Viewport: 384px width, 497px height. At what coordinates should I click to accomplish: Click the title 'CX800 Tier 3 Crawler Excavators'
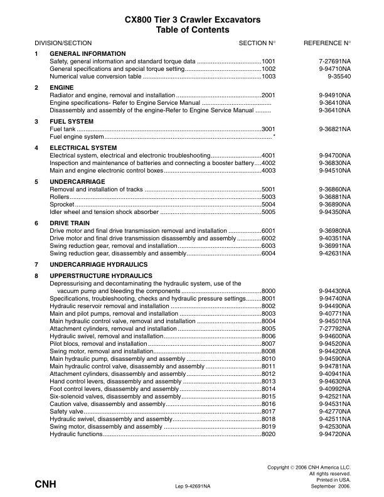192,20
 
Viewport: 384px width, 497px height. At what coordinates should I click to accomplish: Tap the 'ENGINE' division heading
61,87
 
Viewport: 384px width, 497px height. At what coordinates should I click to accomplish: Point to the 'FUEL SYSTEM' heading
72,121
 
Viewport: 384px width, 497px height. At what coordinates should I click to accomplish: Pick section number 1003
269,76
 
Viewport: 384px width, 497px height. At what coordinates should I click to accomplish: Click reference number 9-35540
339,76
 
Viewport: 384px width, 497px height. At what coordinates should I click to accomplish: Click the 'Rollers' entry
59,197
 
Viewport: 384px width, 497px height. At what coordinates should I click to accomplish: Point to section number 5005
269,212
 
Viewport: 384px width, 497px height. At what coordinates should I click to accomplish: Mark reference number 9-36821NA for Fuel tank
334,129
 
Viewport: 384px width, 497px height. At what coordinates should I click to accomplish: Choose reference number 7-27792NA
334,329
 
